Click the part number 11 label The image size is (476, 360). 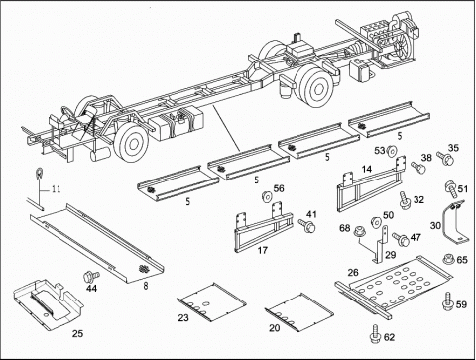[56, 189]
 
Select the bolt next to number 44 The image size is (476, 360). [90, 275]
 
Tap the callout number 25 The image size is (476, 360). [78, 334]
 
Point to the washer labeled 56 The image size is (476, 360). [267, 197]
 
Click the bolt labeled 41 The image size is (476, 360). [306, 226]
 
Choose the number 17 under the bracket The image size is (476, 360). [263, 250]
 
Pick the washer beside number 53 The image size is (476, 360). [392, 151]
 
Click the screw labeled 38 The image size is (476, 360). [418, 167]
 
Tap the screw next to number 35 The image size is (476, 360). [445, 158]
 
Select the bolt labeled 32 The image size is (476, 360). [404, 200]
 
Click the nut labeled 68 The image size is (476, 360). [358, 232]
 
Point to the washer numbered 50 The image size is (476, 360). [375, 221]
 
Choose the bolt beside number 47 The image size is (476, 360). [401, 239]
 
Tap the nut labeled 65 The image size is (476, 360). [448, 259]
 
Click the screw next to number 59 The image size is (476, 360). [448, 300]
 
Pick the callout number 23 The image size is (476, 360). [183, 318]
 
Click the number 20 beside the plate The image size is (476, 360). [274, 328]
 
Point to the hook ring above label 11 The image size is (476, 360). [39, 173]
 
